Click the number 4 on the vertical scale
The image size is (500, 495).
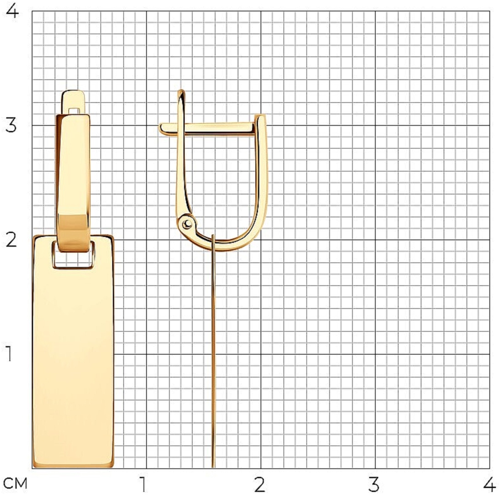[12, 11]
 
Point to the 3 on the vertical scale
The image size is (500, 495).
[11, 125]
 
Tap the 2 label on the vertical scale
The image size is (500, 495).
[11, 240]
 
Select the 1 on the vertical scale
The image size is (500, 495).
[9, 354]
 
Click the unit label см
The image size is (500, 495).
[16, 484]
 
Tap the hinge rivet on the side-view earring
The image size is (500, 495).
[187, 224]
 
